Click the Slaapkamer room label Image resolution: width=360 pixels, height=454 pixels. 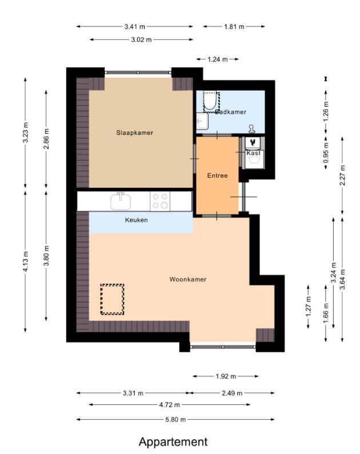[135, 133]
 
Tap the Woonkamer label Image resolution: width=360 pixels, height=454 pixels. [188, 279]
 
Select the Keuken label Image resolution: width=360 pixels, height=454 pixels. [137, 220]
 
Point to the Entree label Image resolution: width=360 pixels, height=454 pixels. [218, 175]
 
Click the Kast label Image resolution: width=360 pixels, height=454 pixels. [253, 153]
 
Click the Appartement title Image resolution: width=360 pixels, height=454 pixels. [173, 442]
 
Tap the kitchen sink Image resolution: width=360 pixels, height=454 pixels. [121, 201]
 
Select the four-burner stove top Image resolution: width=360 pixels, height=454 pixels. [160, 201]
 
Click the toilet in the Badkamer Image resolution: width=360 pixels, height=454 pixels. [209, 102]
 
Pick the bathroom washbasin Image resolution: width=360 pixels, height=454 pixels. [202, 121]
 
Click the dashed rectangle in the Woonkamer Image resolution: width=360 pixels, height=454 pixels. [113, 299]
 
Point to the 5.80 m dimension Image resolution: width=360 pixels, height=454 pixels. [175, 419]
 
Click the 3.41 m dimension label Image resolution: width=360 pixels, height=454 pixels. [135, 27]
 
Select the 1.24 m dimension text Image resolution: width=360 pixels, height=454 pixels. [218, 59]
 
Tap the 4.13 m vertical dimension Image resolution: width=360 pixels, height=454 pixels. [26, 262]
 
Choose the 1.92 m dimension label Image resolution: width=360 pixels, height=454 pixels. [226, 376]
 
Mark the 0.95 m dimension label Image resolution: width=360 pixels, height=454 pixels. [326, 152]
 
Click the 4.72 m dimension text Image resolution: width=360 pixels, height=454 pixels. [170, 405]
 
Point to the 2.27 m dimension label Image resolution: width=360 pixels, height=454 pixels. [343, 175]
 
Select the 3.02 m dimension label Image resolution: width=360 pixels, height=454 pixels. [141, 39]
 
